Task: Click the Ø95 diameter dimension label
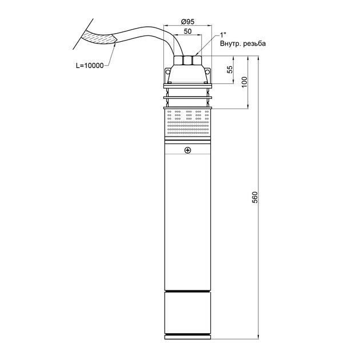[187, 22]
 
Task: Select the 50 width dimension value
[187, 31]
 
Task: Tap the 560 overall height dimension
[255, 197]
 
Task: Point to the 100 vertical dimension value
[245, 82]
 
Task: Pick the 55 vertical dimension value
[230, 70]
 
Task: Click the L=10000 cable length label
[90, 66]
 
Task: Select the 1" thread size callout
[223, 35]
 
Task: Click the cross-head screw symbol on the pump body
[187, 150]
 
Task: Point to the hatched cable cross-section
[99, 39]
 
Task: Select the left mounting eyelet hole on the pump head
[167, 72]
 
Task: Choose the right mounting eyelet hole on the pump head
[207, 72]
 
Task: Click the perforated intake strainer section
[187, 123]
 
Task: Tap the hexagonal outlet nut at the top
[187, 61]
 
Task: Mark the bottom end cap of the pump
[187, 337]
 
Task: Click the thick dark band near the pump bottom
[187, 291]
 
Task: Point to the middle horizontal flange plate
[187, 98]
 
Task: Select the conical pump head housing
[187, 74]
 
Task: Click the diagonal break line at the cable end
[83, 34]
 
